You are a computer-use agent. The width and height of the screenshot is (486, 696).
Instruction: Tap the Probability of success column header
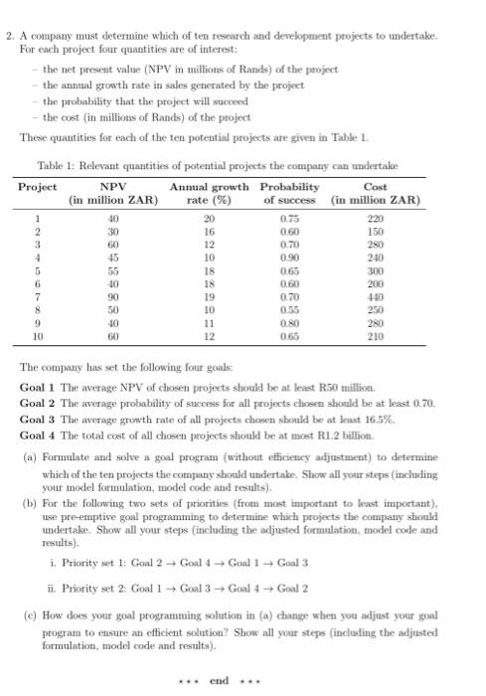point(289,193)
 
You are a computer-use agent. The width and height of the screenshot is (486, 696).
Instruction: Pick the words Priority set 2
point(77,575)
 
